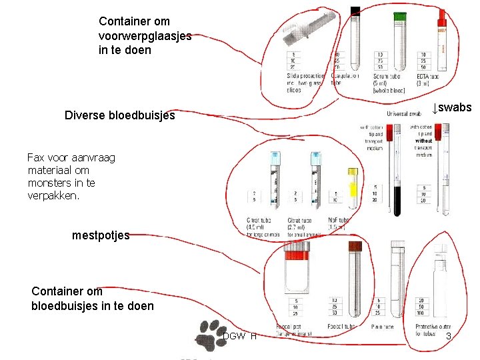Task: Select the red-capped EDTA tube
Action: click(441, 40)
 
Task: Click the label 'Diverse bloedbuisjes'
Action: click(120, 115)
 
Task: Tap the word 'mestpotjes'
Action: click(101, 235)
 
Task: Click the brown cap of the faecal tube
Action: click(353, 246)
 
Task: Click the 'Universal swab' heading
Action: click(398, 114)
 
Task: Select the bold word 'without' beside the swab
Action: click(423, 141)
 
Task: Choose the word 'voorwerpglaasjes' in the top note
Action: click(145, 35)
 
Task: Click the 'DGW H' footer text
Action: click(239, 336)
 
